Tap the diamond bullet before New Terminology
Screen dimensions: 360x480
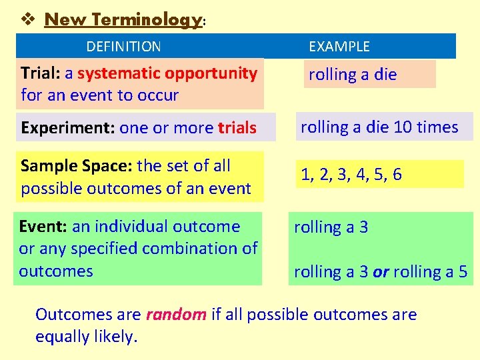[27, 19]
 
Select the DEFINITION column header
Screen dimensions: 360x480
[123, 47]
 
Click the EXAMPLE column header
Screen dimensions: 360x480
[339, 47]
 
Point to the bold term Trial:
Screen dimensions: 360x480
[41, 73]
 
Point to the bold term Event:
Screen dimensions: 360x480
[43, 227]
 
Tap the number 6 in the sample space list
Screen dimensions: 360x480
[397, 175]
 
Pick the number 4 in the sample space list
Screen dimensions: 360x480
[360, 175]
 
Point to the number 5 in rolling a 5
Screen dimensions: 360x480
[463, 272]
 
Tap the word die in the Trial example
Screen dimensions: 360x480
[385, 75]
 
